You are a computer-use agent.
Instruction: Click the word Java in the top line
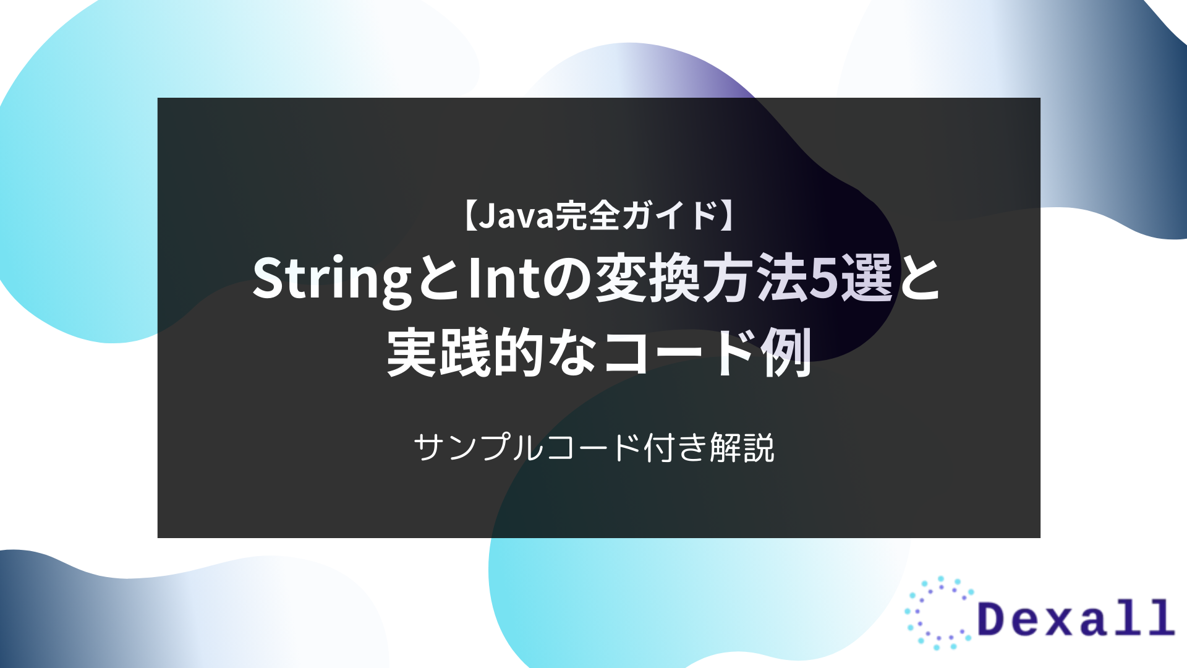[516, 216]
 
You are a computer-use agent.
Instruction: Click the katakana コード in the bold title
[680, 353]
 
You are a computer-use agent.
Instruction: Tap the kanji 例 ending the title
[786, 353]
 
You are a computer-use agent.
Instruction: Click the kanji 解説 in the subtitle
[742, 447]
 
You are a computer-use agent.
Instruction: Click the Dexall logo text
[1076, 618]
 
